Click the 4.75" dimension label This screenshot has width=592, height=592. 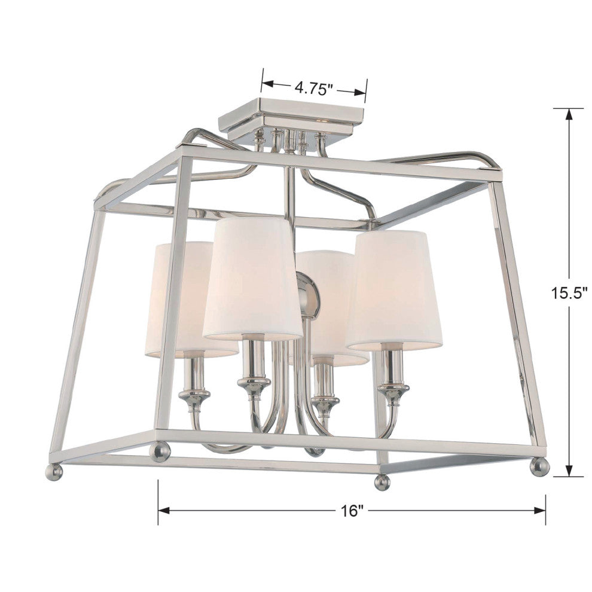(x=313, y=90)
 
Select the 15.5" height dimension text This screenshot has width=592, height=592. (x=570, y=293)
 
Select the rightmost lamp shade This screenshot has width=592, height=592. (x=395, y=290)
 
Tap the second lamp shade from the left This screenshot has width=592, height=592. (x=252, y=278)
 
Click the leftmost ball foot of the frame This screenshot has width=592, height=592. (x=54, y=472)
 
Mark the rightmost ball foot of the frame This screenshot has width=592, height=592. (x=539, y=466)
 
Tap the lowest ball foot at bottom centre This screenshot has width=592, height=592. (x=382, y=481)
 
